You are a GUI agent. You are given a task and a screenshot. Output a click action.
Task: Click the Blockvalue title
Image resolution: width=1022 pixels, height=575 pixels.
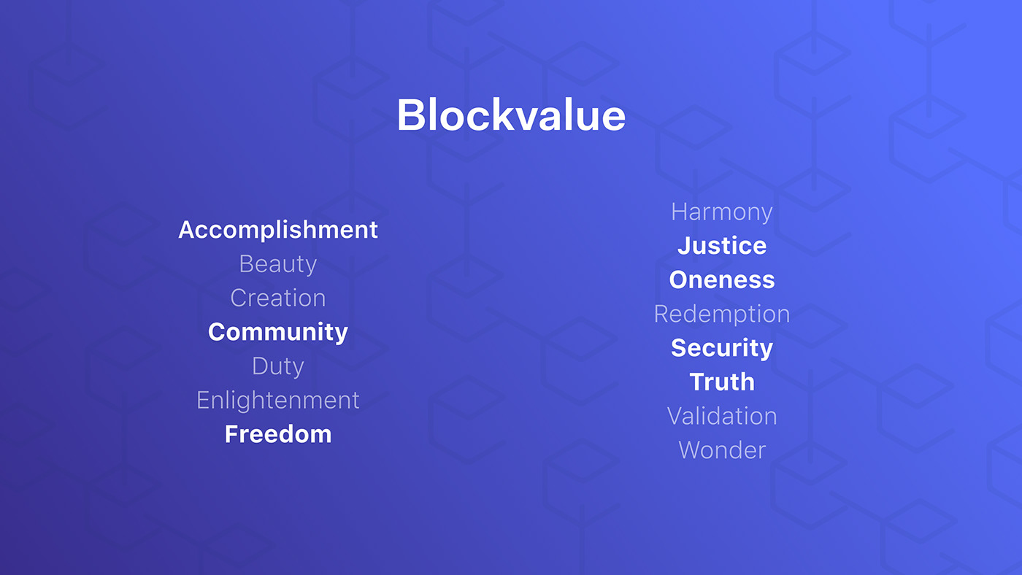coord(511,115)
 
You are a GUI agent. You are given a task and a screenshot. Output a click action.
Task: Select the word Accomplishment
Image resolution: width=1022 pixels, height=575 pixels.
coord(278,230)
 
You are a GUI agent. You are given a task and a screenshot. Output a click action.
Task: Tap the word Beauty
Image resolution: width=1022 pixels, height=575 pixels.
coord(278,264)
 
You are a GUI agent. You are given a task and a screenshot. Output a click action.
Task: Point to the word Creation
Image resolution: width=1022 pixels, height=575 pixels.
coord(278,298)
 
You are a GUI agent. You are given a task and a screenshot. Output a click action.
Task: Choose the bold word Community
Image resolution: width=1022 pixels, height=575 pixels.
coord(278,333)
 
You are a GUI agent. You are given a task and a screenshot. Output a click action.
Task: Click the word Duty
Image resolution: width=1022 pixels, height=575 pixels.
coord(278,366)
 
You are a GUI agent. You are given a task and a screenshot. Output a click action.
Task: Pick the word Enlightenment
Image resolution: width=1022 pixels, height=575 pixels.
coord(278,401)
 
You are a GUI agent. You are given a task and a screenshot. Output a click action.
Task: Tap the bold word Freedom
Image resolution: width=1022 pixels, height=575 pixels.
coord(278,434)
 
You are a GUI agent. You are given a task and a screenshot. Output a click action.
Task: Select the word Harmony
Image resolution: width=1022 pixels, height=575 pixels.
coord(722,212)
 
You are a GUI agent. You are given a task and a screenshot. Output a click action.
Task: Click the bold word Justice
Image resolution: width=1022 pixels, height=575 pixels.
coord(722,246)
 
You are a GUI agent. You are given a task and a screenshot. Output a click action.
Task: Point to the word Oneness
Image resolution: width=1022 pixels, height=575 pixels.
coord(722,280)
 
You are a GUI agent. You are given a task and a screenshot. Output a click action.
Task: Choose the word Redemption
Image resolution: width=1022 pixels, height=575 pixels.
coord(722,314)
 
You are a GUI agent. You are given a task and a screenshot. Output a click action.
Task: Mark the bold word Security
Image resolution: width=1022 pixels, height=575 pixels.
coord(722,348)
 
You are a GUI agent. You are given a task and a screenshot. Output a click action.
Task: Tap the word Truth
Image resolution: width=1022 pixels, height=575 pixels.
coord(722,382)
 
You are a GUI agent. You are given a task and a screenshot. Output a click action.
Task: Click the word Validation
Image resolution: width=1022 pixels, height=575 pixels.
coord(722,417)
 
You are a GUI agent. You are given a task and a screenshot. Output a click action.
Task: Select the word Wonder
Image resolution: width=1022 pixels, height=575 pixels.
coord(722,450)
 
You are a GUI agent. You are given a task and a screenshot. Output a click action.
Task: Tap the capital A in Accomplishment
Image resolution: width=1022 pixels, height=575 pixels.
coord(188,230)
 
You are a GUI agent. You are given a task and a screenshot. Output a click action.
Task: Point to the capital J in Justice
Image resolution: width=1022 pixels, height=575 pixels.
coord(685,246)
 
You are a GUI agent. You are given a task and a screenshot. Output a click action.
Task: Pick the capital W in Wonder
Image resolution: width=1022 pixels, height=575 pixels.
coord(692,450)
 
